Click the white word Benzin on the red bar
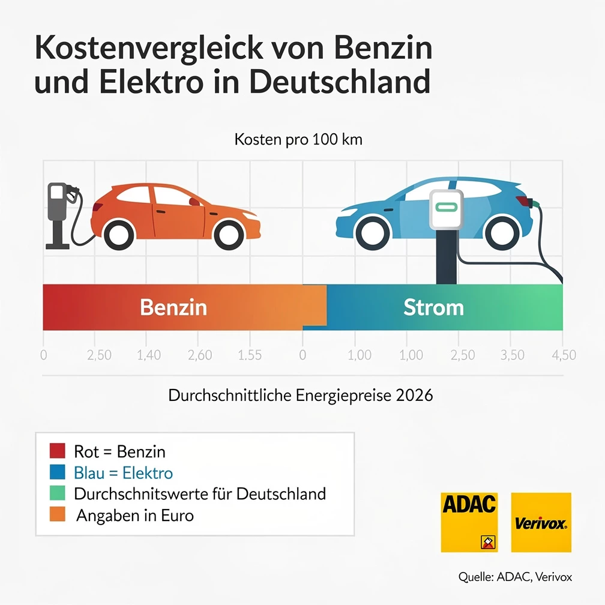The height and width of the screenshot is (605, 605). (173, 307)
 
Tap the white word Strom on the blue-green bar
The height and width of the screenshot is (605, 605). (433, 307)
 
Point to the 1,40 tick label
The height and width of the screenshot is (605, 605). (149, 355)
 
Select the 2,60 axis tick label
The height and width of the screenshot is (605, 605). (200, 355)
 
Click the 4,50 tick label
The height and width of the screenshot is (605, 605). (564, 355)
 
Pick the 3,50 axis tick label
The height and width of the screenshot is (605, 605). (512, 355)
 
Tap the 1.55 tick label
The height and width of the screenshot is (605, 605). (250, 355)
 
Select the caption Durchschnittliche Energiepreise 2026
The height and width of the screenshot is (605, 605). (301, 396)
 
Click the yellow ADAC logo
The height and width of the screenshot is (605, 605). (469, 522)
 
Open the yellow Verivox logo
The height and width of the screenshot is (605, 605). (541, 522)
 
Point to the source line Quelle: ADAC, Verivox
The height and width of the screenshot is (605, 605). (515, 577)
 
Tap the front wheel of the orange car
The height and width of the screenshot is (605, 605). (229, 233)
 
